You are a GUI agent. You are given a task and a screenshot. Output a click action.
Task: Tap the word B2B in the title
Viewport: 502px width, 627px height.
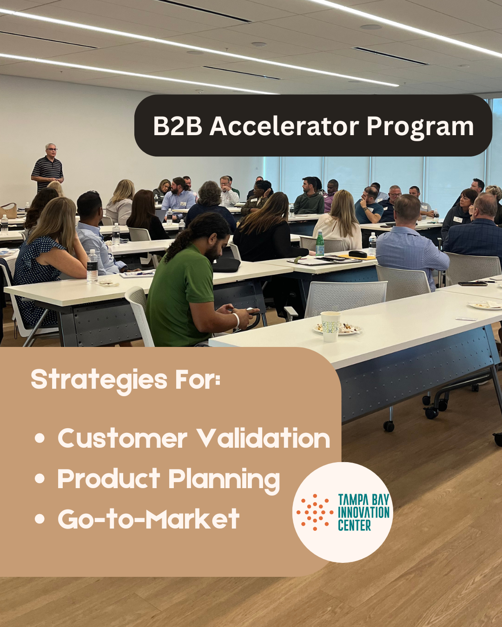tap(178, 126)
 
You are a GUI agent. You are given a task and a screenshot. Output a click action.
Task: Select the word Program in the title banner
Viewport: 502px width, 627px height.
tap(420, 127)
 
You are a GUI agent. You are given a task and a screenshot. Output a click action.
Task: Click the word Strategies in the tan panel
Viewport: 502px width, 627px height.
tap(99, 380)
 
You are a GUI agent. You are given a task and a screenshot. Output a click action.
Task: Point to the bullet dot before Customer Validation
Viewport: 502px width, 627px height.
tap(40, 438)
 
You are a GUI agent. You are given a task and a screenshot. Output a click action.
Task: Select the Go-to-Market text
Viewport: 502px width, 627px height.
tap(148, 519)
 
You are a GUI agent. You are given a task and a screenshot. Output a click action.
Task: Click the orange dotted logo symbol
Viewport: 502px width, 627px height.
tap(315, 512)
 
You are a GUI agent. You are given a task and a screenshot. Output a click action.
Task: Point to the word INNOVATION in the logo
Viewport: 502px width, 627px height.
tap(363, 513)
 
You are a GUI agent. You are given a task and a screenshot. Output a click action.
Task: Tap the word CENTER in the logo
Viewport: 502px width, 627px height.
tap(354, 526)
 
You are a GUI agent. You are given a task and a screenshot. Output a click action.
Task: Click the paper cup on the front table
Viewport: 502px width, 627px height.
tap(330, 326)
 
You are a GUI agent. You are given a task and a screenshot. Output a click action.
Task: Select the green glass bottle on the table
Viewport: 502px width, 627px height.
tap(320, 243)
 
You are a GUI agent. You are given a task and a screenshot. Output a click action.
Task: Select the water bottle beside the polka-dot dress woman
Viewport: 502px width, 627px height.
tap(92, 266)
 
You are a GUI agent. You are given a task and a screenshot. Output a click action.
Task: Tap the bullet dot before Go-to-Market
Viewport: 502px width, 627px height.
tap(40, 519)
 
